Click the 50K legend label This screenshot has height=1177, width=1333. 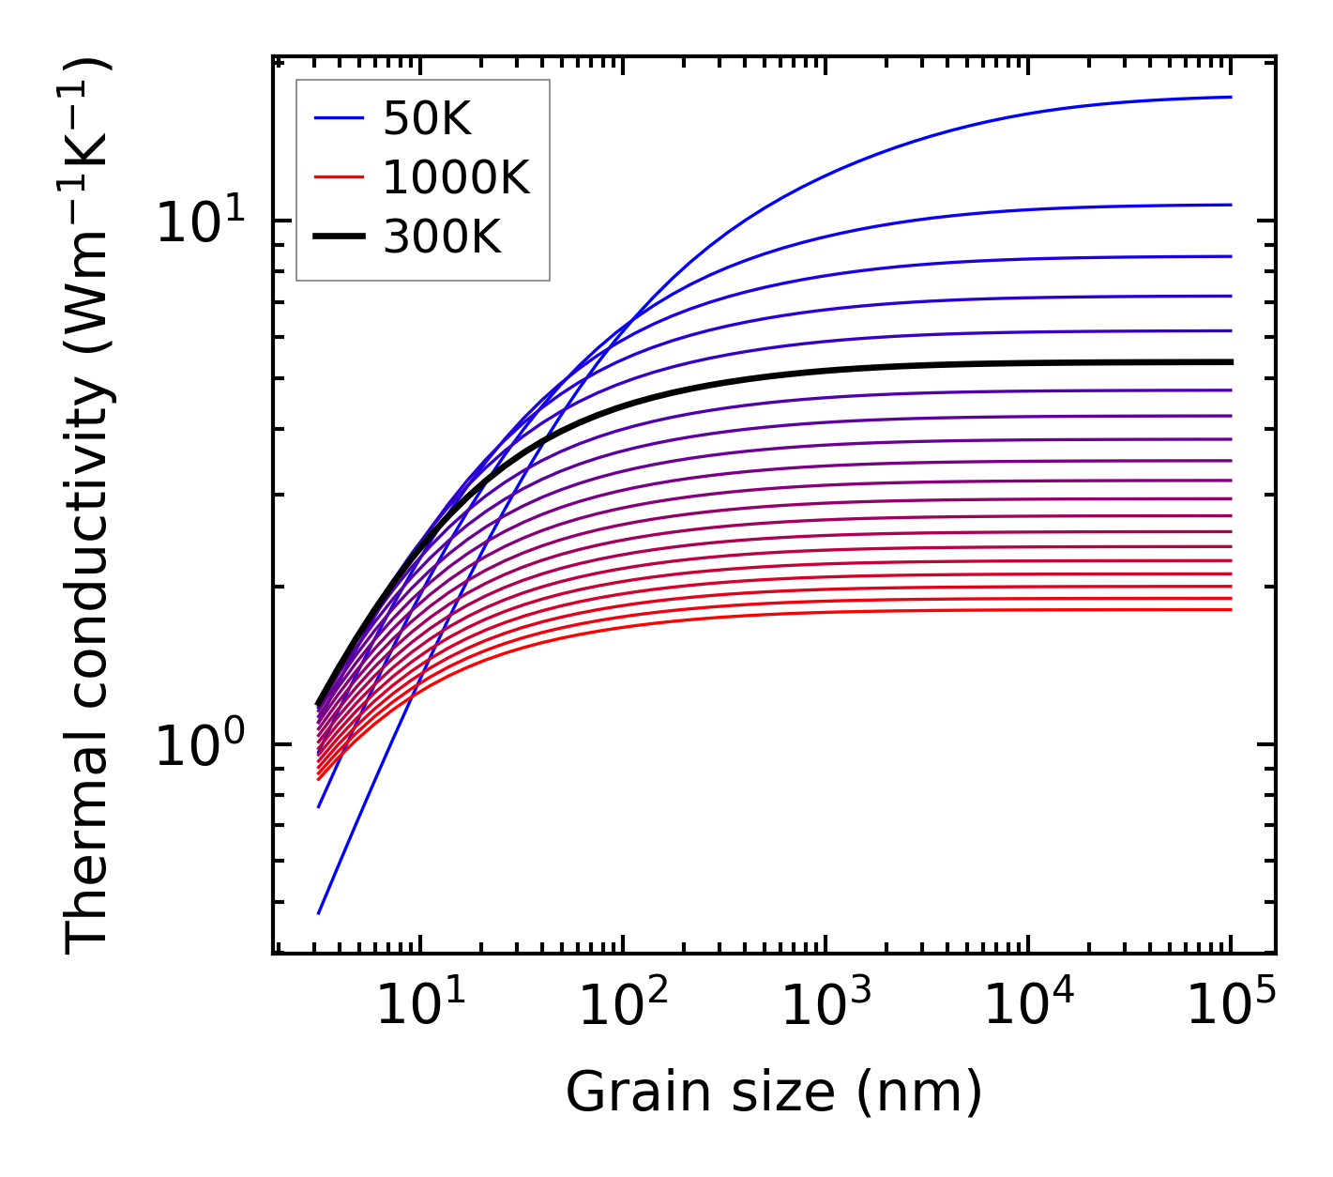pos(427,118)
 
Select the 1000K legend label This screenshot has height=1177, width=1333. pos(457,177)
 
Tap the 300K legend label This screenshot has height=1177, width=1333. pos(442,237)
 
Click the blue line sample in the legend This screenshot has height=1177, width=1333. pos(338,118)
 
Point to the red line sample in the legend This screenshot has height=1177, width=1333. pos(338,177)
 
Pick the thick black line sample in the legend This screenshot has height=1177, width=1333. pos(338,237)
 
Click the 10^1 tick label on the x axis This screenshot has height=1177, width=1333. pos(420,1006)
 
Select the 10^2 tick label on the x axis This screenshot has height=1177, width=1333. pos(623,1006)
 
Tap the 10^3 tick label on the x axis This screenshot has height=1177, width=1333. pos(826,1006)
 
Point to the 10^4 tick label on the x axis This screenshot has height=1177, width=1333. pos(1028,1006)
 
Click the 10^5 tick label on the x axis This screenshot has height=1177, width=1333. pos(1231,1006)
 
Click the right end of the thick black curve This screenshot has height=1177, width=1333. pos(1230,361)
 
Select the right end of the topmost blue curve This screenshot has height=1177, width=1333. pos(1230,97)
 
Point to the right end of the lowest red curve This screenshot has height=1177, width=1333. pos(1230,609)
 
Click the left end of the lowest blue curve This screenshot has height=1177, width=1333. pos(319,912)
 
